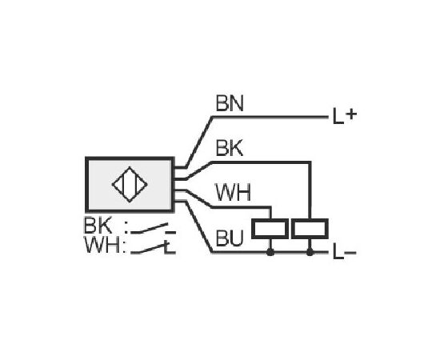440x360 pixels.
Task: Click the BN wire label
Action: click(x=230, y=103)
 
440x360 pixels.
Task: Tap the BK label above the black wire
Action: click(x=230, y=148)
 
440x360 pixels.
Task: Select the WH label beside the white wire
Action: click(x=233, y=193)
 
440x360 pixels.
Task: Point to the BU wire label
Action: click(x=230, y=238)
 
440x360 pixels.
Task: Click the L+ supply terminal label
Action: click(x=345, y=116)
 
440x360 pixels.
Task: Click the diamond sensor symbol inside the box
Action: click(x=130, y=184)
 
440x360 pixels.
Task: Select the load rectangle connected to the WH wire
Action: click(x=270, y=229)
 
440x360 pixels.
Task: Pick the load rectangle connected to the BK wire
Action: click(x=310, y=229)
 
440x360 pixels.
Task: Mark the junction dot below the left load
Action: click(x=270, y=252)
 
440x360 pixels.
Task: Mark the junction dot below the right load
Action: click(x=310, y=252)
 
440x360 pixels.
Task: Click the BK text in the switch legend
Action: click(x=98, y=226)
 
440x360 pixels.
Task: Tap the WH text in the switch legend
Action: click(x=102, y=245)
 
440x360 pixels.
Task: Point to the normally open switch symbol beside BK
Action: click(x=154, y=229)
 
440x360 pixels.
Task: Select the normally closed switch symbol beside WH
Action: click(x=154, y=247)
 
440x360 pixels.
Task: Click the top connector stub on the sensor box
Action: click(x=180, y=168)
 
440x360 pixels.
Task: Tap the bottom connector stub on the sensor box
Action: click(x=180, y=201)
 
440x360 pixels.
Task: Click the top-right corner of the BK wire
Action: click(x=310, y=162)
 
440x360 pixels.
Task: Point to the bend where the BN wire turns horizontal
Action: click(x=213, y=117)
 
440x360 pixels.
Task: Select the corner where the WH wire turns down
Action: click(x=270, y=208)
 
